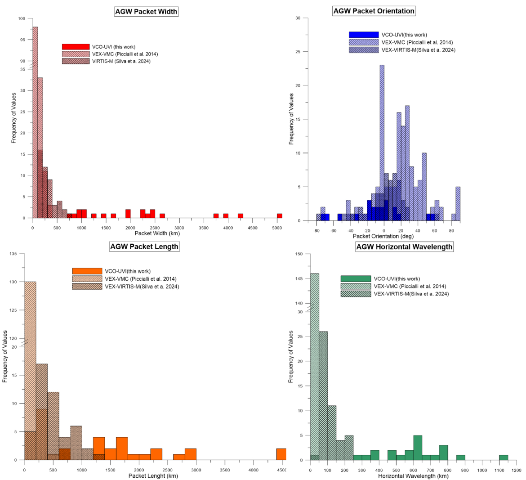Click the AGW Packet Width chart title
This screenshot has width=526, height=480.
coord(147,12)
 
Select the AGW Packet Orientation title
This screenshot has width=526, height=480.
coord(374,11)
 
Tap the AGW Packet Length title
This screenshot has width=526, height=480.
coord(144,246)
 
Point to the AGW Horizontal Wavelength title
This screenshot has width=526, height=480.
coord(404,247)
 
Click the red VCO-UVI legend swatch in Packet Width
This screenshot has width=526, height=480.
coord(76,47)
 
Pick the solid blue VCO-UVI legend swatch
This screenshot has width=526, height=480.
coord(364,35)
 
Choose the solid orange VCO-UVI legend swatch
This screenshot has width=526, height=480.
coord(87,271)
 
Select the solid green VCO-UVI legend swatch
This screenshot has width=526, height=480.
coord(356,279)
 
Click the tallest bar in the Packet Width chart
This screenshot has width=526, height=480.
coord(35,121)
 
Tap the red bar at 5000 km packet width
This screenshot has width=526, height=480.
coord(280,216)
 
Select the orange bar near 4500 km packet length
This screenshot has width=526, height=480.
coord(281,454)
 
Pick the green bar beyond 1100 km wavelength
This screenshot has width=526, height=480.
coord(504,458)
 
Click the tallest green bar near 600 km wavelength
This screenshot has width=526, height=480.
coord(418,448)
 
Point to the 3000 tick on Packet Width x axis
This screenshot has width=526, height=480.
coord(179,228)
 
